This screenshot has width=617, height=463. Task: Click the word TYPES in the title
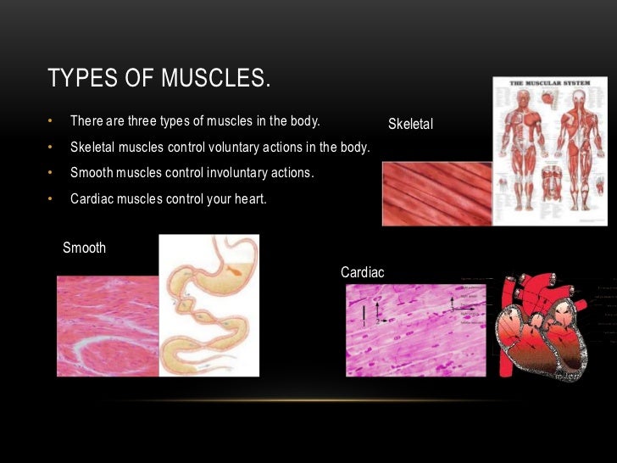(79, 79)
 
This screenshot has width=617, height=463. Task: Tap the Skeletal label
(410, 125)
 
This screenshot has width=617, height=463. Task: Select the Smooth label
(84, 248)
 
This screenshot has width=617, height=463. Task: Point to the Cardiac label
(362, 272)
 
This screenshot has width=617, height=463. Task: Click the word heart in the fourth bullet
(248, 199)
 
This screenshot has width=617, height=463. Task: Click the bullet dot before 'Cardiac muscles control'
(51, 200)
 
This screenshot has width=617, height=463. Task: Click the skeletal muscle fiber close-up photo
(436, 193)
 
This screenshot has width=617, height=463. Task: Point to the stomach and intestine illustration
(209, 305)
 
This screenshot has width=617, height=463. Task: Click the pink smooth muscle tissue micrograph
(108, 326)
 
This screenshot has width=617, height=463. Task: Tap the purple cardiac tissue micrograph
(415, 330)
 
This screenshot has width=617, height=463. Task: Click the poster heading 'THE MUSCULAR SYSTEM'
(550, 83)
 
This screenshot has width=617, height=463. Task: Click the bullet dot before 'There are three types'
(51, 122)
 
